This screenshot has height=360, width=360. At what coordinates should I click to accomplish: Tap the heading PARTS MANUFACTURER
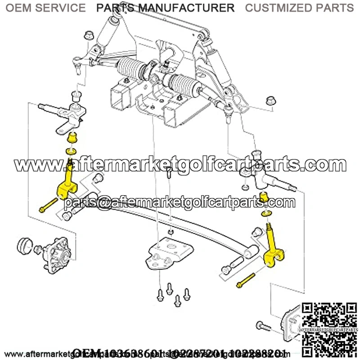tap(165, 8)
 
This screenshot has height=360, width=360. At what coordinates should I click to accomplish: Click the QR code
tap(324, 328)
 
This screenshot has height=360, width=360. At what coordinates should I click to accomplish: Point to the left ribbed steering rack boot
tap(132, 67)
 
